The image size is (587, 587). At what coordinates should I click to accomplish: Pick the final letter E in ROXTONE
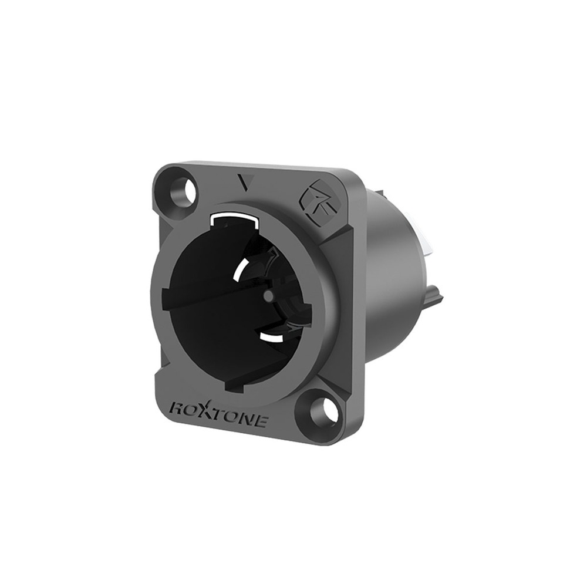pos(260,421)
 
